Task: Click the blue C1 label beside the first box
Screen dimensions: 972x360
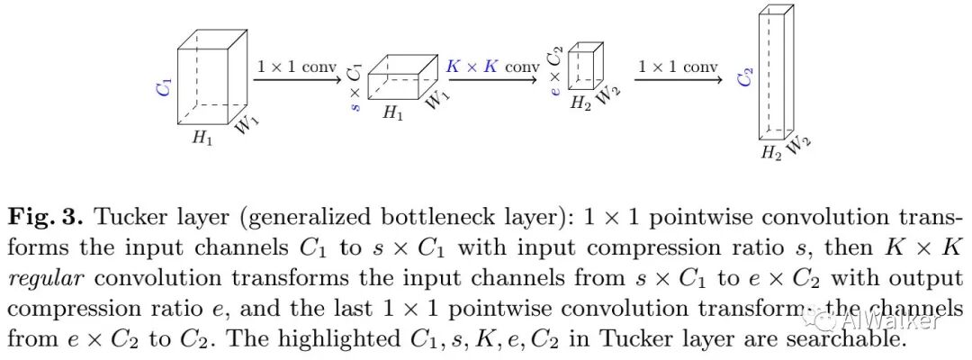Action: tap(164, 88)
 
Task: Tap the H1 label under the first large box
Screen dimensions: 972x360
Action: tap(202, 139)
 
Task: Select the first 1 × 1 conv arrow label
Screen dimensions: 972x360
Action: tap(296, 67)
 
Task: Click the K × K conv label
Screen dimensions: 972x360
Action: tap(492, 67)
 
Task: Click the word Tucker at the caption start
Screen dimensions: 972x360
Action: tap(126, 217)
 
